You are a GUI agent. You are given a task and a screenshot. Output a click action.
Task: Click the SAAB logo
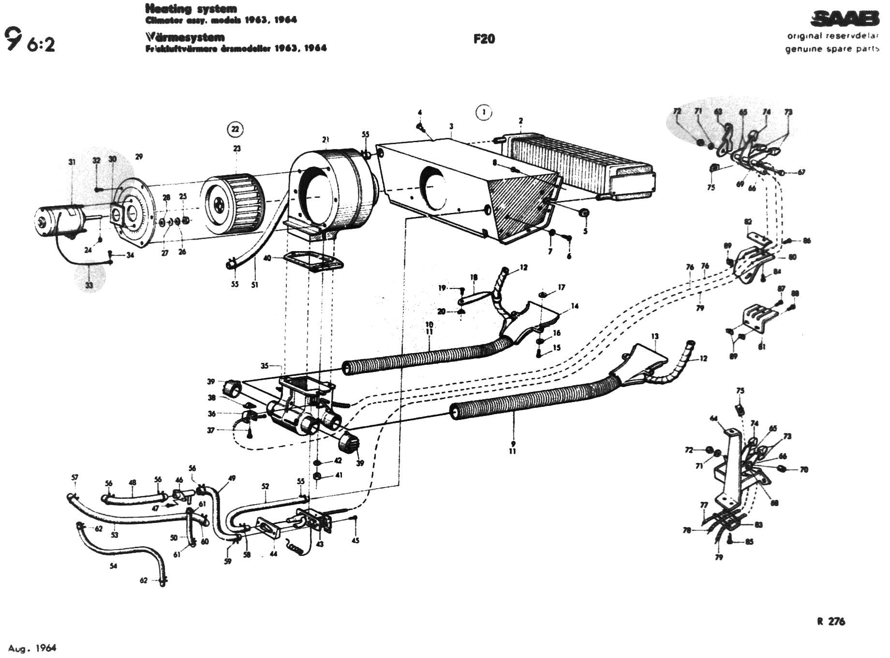(845, 19)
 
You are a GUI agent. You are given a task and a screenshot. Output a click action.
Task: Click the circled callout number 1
(483, 112)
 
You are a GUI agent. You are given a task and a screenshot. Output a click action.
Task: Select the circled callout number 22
(235, 129)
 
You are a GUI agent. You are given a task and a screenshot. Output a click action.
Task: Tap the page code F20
(484, 39)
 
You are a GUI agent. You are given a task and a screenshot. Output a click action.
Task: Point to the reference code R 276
(831, 621)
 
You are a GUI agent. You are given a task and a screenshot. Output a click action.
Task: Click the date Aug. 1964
(32, 648)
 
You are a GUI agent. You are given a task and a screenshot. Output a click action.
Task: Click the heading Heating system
(191, 9)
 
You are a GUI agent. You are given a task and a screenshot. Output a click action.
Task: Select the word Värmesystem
(185, 37)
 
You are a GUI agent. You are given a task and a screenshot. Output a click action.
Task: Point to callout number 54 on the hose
(113, 566)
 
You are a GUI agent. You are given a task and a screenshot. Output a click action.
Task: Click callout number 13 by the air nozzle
(655, 336)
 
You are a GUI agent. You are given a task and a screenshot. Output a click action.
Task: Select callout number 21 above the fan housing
(326, 140)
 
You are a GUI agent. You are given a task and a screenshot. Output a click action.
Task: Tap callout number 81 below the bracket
(762, 346)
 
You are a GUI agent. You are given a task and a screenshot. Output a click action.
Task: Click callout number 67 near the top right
(801, 172)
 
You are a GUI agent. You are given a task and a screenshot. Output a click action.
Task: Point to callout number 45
(356, 540)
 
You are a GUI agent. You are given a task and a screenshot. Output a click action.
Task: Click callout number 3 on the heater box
(451, 127)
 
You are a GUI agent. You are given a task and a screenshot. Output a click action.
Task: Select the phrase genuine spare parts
(832, 49)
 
